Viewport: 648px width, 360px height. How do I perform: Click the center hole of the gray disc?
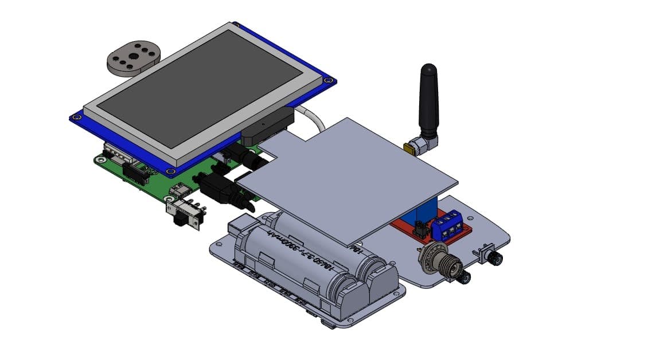pos(134,56)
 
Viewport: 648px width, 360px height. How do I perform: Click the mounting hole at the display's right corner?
pos(327,81)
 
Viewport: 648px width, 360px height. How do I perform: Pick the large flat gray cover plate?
pos(350,178)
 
